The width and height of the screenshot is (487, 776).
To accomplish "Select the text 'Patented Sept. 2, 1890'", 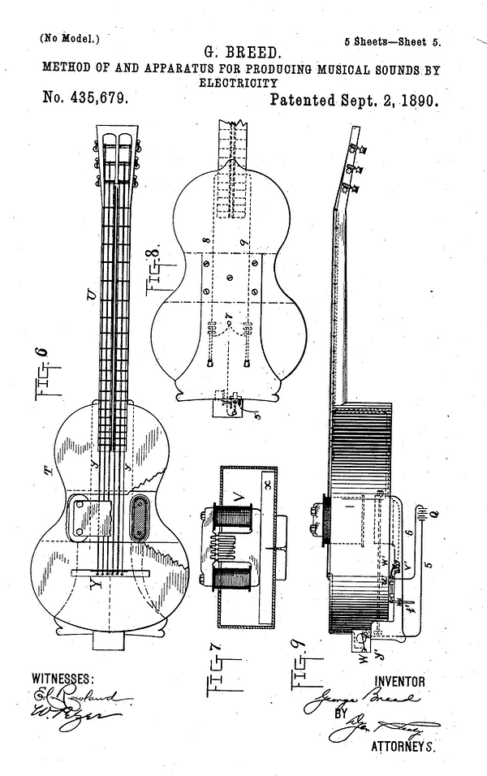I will click(x=354, y=101).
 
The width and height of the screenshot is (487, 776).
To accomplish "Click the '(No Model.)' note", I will click(x=69, y=38).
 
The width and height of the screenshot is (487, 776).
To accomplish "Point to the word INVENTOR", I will click(x=399, y=680).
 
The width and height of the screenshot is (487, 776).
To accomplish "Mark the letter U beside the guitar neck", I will click(x=90, y=293).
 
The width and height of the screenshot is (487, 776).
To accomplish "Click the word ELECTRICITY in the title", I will click(x=239, y=83).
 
